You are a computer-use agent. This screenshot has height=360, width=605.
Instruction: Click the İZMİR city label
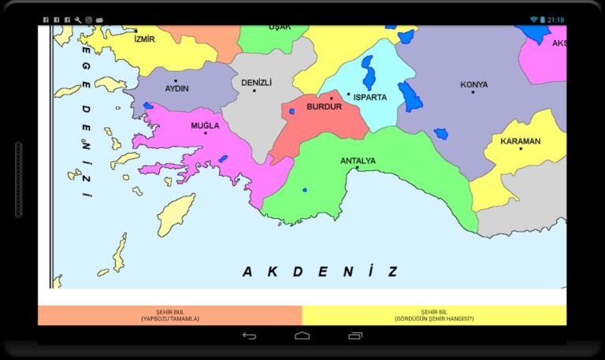pos(145,39)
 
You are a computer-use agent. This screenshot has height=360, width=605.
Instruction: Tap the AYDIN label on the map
pos(176,88)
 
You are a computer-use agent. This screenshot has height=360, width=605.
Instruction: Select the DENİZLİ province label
pos(256,82)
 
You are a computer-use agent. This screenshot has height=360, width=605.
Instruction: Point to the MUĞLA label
pos(205,125)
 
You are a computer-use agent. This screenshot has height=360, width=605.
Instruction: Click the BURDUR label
pos(324,106)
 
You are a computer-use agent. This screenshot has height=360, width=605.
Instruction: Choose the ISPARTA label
pos(370,98)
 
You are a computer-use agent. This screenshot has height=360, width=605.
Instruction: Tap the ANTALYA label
pos(358,161)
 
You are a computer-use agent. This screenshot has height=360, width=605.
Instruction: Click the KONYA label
pos(473,84)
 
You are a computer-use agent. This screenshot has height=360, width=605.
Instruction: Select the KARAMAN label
pos(521,142)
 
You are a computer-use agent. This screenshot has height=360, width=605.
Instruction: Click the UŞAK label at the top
pos(280,27)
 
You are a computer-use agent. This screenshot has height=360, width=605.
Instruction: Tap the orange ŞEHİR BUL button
pos(170,315)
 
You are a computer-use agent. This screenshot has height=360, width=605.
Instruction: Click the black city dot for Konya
pos(473,92)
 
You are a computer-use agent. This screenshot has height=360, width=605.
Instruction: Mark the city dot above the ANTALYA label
pos(357,168)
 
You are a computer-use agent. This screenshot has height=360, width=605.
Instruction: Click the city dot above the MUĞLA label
pos(205,132)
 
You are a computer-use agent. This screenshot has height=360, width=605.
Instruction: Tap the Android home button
pos(302,336)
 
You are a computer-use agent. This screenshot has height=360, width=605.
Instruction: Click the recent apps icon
pos(355,336)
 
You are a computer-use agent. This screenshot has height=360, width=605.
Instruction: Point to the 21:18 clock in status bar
pos(555,19)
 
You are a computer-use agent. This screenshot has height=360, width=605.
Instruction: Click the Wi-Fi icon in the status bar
pos(533,19)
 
